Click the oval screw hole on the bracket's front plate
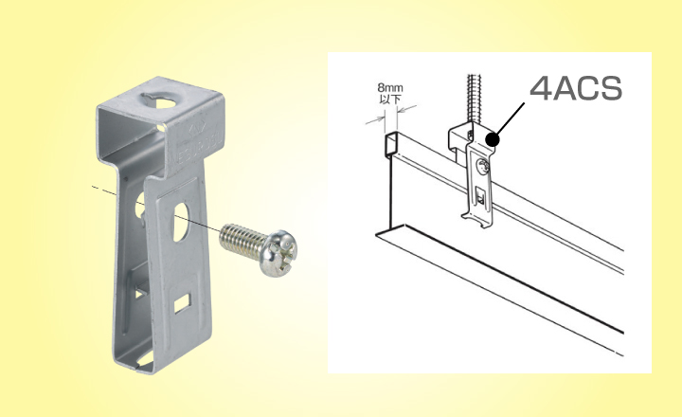tap(181, 222)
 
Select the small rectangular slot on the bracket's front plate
tap(183, 303)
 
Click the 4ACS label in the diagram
tap(576, 88)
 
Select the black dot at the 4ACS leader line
tap(492, 139)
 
